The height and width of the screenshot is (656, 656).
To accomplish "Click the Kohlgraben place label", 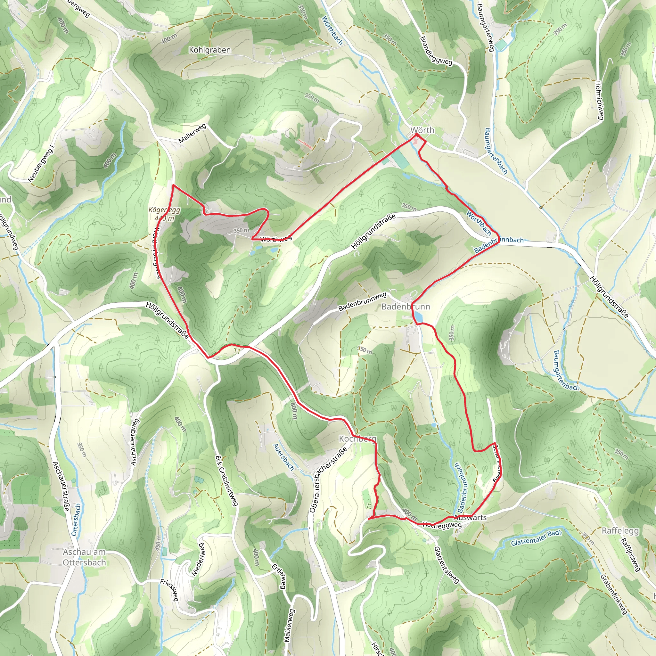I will [209, 50].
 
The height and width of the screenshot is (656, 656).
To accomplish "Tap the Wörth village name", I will [422, 130].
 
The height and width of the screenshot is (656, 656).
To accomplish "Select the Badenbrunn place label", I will [406, 307].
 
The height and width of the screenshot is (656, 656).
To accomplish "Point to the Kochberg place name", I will [357, 439].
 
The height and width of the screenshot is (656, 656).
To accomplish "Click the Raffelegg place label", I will [620, 530].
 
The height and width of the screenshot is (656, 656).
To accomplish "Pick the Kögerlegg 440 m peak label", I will [165, 214].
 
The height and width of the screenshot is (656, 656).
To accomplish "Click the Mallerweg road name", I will [192, 134].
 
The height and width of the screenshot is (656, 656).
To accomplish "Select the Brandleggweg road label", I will [436, 51].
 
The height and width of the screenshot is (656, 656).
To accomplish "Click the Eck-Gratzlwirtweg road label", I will [226, 480].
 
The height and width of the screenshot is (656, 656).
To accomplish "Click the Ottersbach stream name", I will [76, 520].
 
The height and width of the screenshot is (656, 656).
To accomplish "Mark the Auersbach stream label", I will [283, 457].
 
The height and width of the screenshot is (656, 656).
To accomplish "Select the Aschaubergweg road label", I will [135, 442].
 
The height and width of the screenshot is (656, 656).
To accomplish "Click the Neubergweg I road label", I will [41, 163].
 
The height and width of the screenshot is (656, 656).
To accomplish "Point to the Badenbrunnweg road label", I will [362, 301].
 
